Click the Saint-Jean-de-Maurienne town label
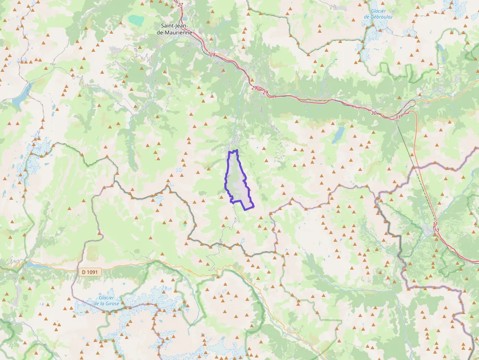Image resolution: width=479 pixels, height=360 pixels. pos(176,29)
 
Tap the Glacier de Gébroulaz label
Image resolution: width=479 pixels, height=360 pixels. pos(378,14)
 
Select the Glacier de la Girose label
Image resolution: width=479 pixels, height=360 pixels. pos(107,300)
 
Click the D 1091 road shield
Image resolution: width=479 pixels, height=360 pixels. pos(90,272)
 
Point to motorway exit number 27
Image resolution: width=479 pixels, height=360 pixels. pos(180,5)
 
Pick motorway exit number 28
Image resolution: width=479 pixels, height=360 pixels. pos(212,55)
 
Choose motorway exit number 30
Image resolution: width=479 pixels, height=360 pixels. pos(374,113)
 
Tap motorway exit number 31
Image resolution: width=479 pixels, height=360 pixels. pos(398,117)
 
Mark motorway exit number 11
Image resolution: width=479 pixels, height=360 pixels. pos(435,224)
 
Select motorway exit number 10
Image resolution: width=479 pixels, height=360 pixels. pos(436,230)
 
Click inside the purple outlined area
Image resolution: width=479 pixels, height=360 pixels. pos(237,181)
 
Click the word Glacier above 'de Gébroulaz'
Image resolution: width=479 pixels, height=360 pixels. pos(378,11)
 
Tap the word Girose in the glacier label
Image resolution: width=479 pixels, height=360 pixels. pos(114,303)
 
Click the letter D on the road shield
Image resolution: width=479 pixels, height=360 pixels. pos(84,272)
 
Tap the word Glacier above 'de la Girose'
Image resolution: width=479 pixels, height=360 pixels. pos(107,297)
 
